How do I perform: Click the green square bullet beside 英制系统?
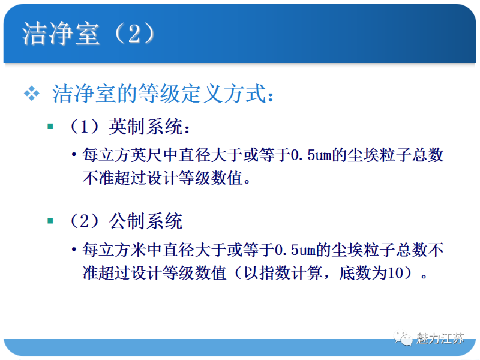[x=51, y=127]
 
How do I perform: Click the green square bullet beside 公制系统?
[x=51, y=221]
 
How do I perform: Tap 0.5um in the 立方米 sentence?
[x=294, y=249]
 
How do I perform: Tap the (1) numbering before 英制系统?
[x=83, y=127]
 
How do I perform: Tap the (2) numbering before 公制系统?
[x=83, y=221]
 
